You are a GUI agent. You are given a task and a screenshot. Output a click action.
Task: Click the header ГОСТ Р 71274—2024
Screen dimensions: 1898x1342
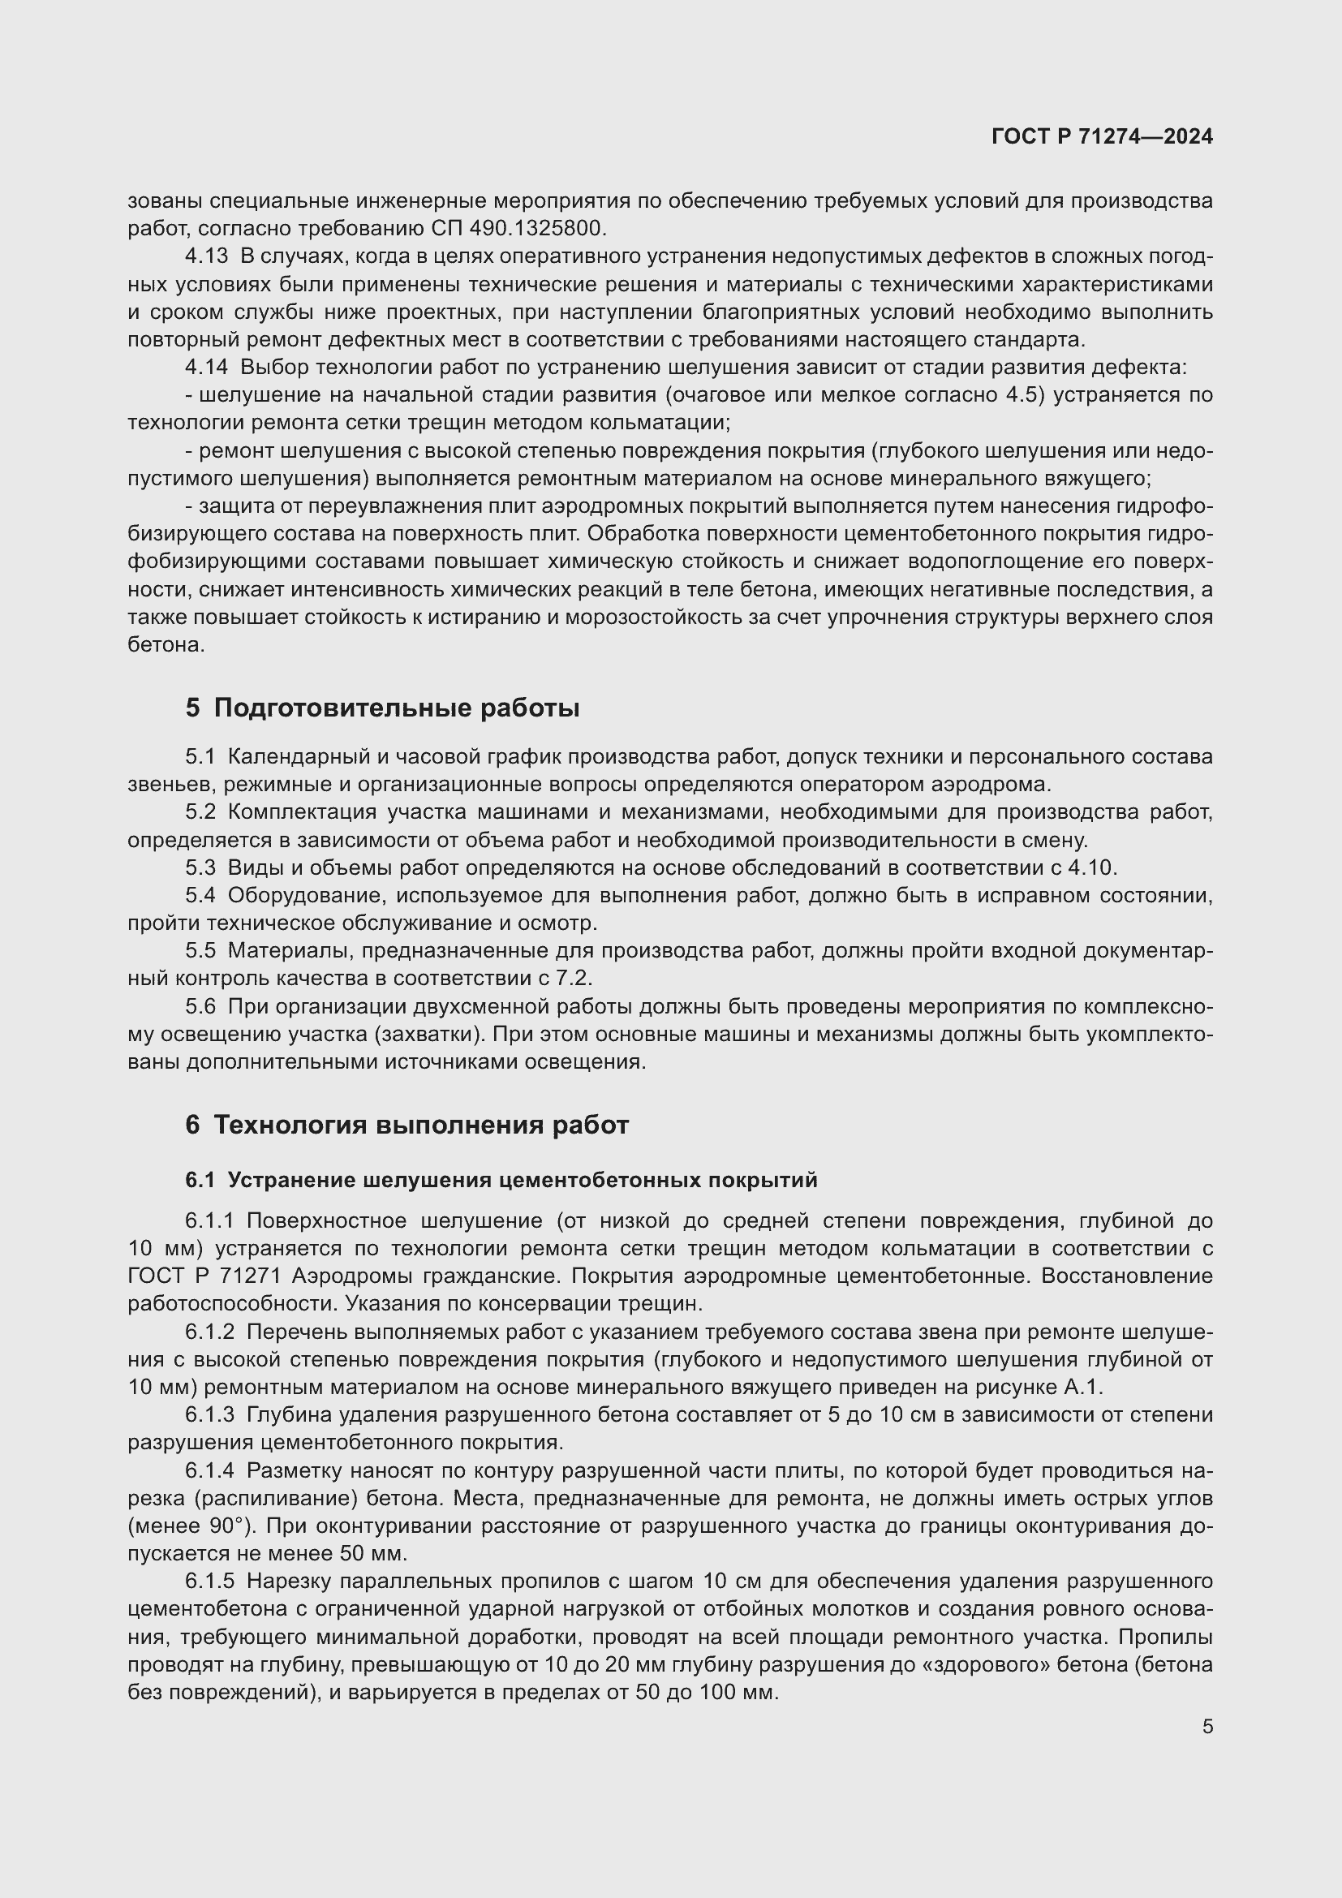pyautogui.click(x=1102, y=136)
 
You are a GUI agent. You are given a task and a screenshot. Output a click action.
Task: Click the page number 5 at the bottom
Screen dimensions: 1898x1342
pyautogui.click(x=1207, y=1726)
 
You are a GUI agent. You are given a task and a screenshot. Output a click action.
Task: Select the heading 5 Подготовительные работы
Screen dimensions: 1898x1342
pyautogui.click(x=382, y=708)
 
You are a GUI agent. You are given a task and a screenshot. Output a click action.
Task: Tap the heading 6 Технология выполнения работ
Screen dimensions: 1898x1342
pyautogui.click(x=406, y=1124)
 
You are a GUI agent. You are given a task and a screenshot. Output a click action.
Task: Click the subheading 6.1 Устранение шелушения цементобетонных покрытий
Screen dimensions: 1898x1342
pyautogui.click(x=501, y=1180)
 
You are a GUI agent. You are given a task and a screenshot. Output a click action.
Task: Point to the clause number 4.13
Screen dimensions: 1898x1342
pyautogui.click(x=206, y=256)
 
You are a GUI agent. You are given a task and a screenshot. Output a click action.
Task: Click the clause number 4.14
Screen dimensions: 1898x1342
pyautogui.click(x=206, y=367)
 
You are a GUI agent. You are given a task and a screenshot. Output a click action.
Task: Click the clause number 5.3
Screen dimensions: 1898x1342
pyautogui.click(x=200, y=867)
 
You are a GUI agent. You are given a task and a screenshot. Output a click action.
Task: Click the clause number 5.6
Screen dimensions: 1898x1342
pyautogui.click(x=200, y=1006)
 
